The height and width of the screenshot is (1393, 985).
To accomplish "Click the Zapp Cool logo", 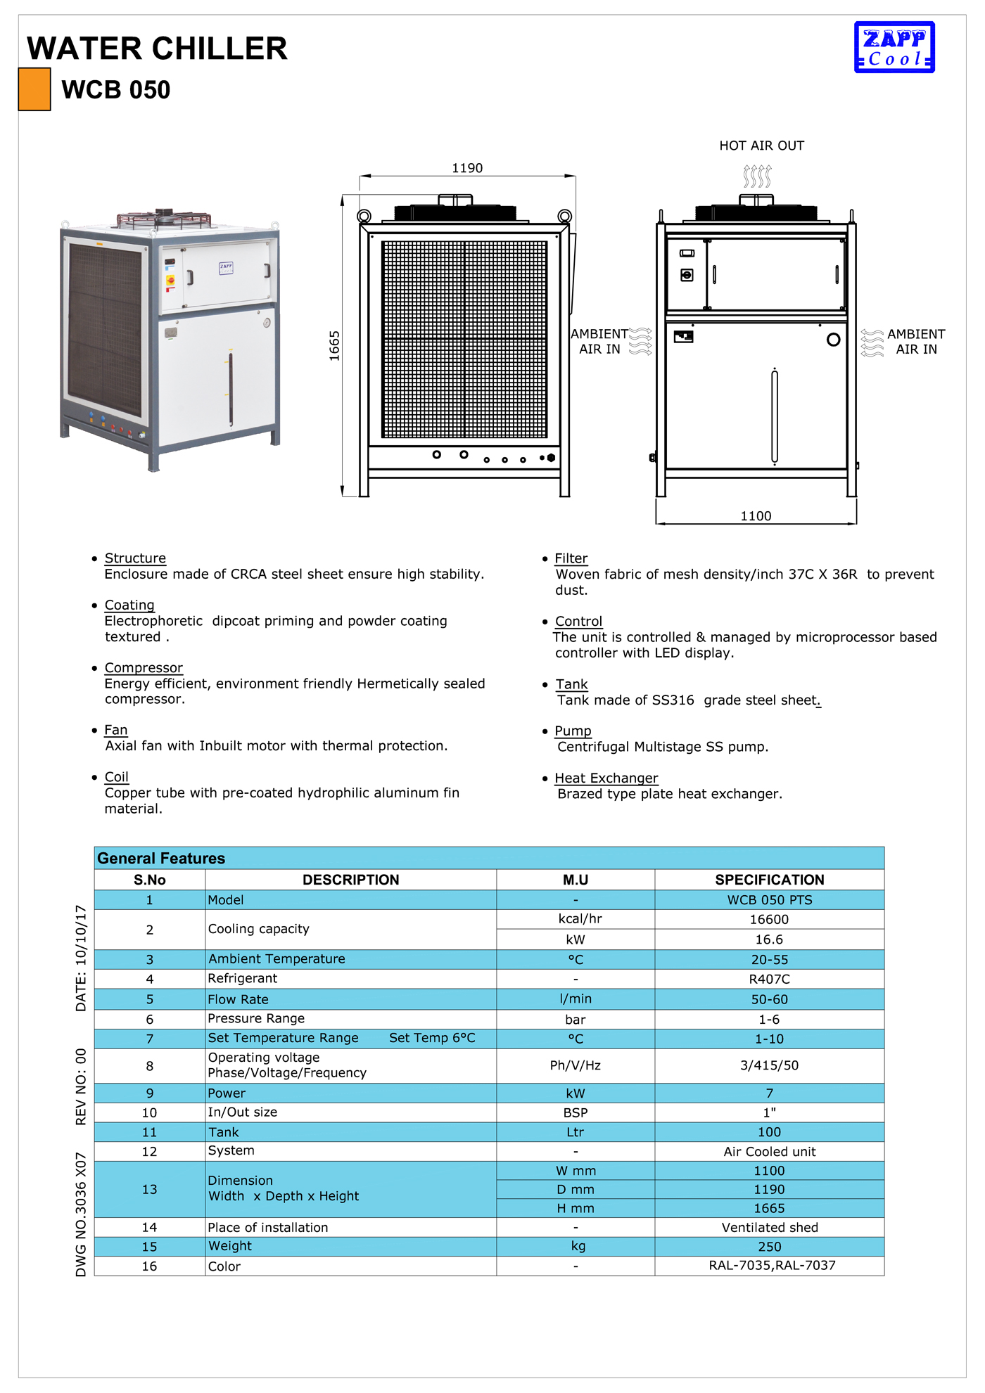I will tap(894, 47).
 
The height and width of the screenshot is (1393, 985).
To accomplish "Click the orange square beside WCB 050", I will tap(34, 89).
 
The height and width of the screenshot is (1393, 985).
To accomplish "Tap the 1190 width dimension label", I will tap(467, 168).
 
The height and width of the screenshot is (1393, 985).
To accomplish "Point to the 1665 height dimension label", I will tap(334, 346).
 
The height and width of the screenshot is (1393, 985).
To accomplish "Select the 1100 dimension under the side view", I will tap(756, 516).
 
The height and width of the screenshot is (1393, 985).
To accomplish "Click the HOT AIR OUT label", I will tap(761, 146).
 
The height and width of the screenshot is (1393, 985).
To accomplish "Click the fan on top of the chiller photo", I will tap(164, 218).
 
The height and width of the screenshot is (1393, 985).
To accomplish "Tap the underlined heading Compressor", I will tap(144, 667).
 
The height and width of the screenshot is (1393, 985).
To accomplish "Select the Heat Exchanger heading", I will tap(606, 778).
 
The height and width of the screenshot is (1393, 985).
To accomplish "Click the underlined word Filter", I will tap(571, 558).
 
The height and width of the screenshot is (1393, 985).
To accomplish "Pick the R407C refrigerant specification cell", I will tap(769, 979).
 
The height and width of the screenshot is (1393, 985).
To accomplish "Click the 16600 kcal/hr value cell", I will tap(769, 919).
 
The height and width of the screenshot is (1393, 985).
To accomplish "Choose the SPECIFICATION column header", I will tap(769, 880).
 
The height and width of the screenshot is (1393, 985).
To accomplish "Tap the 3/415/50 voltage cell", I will tap(769, 1065).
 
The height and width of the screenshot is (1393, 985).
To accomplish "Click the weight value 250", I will tap(769, 1247).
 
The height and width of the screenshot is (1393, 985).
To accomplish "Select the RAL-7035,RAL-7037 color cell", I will tap(772, 1266).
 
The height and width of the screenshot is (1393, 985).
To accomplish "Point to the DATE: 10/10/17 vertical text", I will tap(81, 958).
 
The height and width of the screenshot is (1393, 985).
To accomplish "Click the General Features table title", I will tap(161, 859).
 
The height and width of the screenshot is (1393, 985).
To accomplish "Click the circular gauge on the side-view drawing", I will tap(834, 340).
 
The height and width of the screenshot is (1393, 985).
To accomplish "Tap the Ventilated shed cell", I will tap(770, 1228).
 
